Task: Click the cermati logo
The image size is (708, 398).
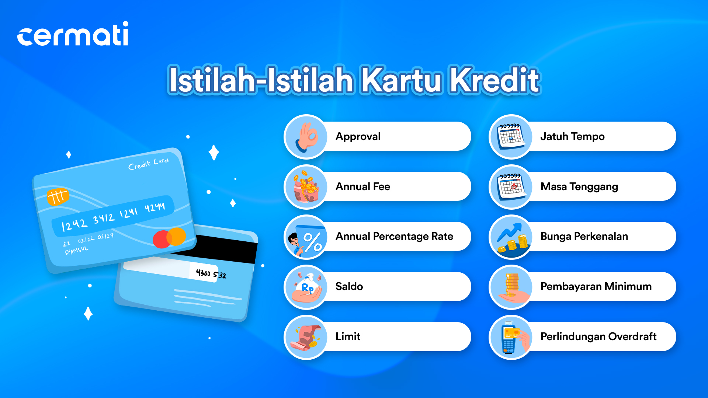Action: [73, 34]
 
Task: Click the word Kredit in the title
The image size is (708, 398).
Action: [495, 80]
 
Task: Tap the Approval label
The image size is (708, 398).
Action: [358, 137]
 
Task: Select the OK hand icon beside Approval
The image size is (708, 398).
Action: [306, 137]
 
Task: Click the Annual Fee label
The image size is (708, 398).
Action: [363, 186]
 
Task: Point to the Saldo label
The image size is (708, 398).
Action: [349, 286]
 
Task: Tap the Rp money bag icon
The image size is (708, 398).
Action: [307, 287]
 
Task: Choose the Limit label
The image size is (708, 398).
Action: [348, 336]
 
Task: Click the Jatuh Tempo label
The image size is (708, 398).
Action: [572, 137]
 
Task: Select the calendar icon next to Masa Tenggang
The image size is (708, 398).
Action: [511, 186]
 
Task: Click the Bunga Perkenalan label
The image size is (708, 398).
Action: [584, 236]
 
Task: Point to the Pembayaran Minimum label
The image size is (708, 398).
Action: [596, 286]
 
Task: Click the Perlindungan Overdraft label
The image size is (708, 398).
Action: [598, 336]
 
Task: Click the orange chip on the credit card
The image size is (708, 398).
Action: [58, 196]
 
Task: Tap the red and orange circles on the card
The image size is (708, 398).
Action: [169, 238]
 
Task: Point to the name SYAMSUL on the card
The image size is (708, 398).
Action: [76, 251]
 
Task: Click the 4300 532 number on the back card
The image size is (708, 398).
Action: [211, 274]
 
